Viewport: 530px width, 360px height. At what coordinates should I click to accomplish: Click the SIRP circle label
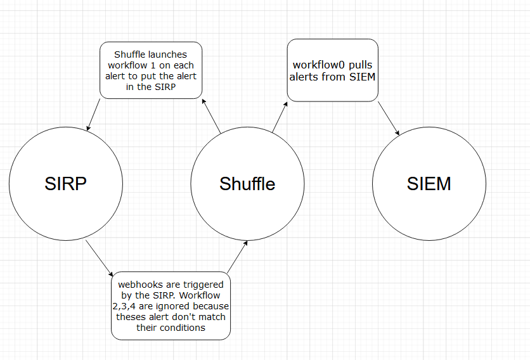[65, 183]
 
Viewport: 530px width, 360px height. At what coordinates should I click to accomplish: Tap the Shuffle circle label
[247, 183]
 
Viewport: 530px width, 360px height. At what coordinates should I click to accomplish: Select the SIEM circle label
[429, 183]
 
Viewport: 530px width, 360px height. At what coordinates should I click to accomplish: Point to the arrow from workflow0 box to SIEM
[389, 118]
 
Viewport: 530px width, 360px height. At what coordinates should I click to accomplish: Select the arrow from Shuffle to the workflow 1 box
[211, 116]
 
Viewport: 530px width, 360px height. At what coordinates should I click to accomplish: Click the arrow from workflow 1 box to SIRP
[94, 115]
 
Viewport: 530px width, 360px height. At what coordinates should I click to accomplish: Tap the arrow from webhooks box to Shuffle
[236, 257]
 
